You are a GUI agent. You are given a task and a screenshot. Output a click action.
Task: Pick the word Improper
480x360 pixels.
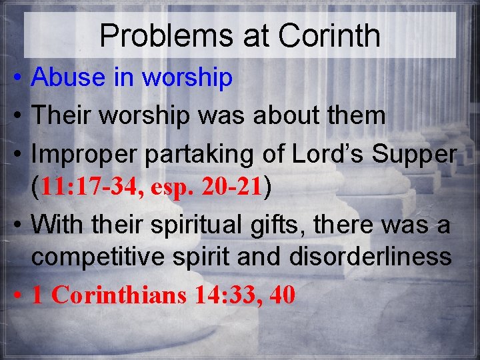(80, 154)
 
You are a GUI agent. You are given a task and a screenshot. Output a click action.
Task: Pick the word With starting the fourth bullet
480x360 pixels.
(55, 225)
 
